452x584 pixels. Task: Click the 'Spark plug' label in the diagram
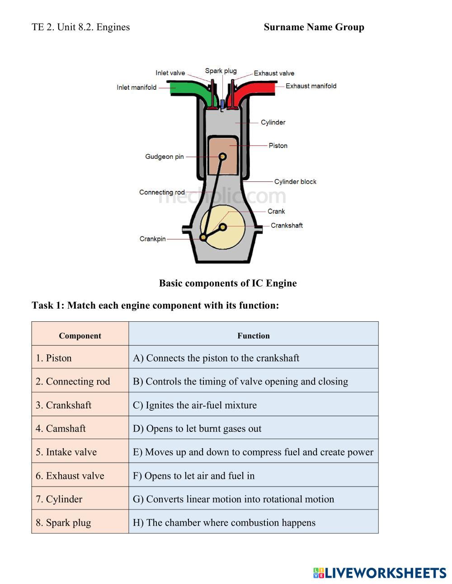pos(221,71)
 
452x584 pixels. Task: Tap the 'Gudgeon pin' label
pos(165,157)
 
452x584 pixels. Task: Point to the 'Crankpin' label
pos(153,239)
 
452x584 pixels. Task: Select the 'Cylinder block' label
pos(295,181)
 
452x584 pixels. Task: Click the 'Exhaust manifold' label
pos(311,86)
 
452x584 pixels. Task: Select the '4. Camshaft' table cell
pos(80,428)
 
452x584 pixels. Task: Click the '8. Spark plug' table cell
pos(80,523)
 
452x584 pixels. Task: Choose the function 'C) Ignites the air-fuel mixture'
pos(253,405)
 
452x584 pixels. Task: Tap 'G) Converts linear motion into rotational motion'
pos(253,499)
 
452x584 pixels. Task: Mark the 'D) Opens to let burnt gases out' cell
pos(253,429)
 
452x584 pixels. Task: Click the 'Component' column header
pos(80,336)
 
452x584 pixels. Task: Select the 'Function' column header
pos(254,336)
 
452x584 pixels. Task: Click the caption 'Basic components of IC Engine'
pos(228,283)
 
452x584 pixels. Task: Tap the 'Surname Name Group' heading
pos(314,27)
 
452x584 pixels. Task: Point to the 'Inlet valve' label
pos(170,73)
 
